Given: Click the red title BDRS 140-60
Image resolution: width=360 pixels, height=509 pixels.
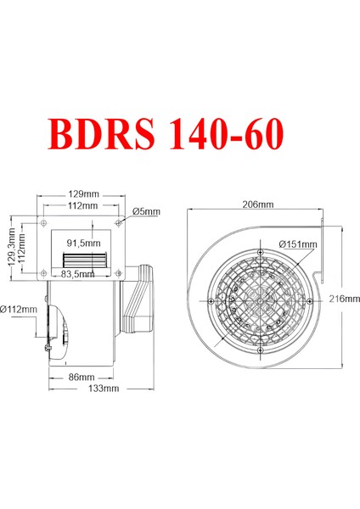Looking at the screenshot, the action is click(x=166, y=134).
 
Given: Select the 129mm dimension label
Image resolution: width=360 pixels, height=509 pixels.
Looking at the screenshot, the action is click(x=83, y=194).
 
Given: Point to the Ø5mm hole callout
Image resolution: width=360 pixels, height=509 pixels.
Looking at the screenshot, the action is click(x=146, y=211).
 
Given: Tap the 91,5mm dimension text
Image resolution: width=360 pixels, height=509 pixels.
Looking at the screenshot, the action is click(x=83, y=243).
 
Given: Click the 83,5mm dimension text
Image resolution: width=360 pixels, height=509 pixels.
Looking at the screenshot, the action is click(x=77, y=274).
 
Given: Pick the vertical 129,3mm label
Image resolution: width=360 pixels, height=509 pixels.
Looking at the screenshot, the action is click(x=12, y=246).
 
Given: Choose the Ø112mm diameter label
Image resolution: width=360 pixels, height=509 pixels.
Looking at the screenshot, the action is click(x=19, y=310).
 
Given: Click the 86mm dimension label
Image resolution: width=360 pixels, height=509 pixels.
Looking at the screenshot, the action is click(x=82, y=378).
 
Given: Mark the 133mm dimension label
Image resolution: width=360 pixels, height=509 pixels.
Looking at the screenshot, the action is click(x=104, y=388).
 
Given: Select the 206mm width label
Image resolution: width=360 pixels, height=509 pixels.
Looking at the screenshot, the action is click(x=258, y=204).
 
